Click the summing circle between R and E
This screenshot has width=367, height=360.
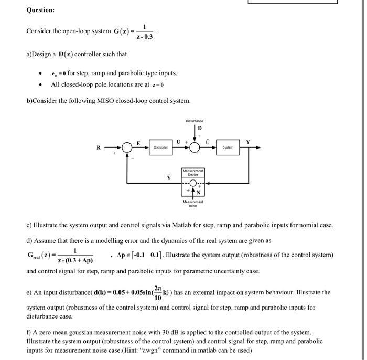pos(127,148)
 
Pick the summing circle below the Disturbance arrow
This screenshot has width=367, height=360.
pos(194,148)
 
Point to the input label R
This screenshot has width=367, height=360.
pos(98,147)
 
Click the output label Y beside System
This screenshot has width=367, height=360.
pos(247,142)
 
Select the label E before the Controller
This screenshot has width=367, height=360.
pos(138,142)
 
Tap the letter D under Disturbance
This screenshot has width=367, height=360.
pos(199,129)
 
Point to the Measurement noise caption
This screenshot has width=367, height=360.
pos(193,203)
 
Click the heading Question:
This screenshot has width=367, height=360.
pos(40,10)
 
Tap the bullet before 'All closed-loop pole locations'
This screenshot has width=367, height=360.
pos(40,84)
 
